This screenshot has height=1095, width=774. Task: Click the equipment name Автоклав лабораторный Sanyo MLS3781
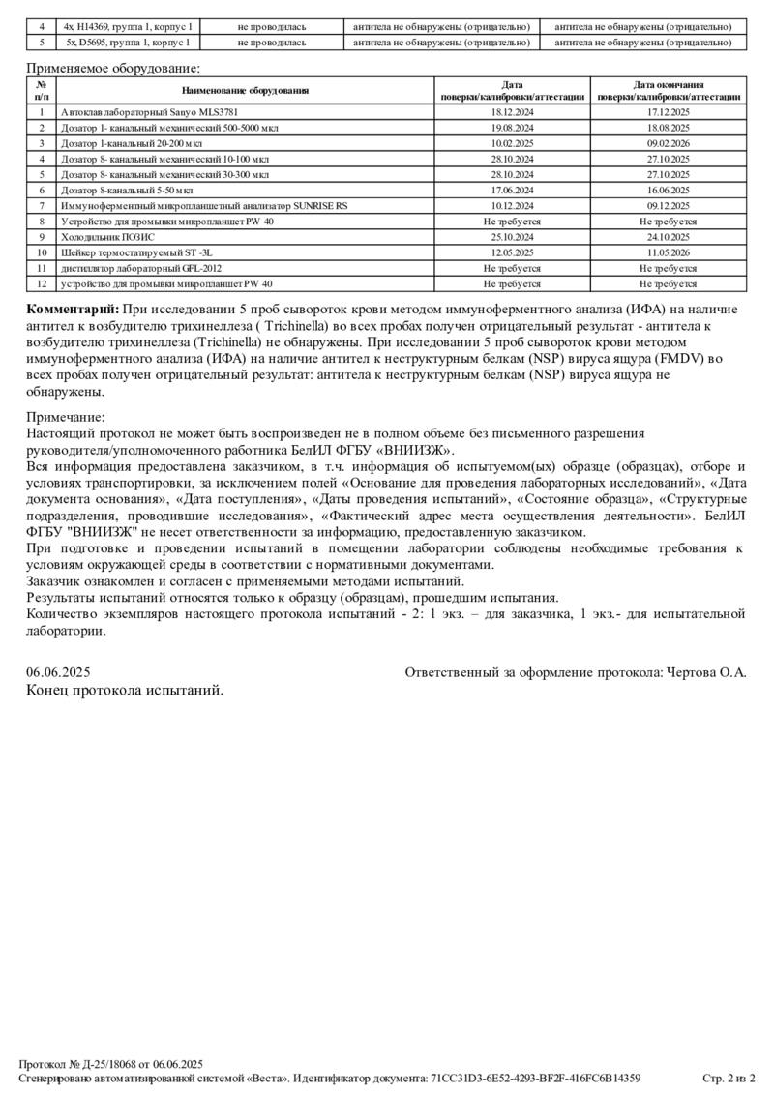128,113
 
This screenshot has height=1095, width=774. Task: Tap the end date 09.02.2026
668,144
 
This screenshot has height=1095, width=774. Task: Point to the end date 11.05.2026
668,252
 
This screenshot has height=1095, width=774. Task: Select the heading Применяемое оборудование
113,68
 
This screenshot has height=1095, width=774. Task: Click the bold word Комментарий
73,309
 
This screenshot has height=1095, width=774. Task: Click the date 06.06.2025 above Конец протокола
58,671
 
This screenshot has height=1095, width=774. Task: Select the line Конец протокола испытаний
125,690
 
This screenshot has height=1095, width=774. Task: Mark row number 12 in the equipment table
42,283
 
